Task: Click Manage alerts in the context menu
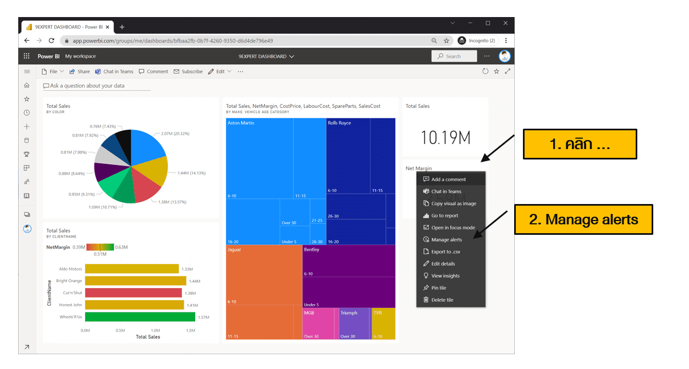coord(447,240)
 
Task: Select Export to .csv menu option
coord(445,252)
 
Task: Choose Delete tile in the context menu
coord(442,300)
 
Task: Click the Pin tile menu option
coord(438,288)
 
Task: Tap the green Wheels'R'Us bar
coord(140,317)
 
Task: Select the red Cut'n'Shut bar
coord(133,293)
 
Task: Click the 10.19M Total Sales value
coord(445,137)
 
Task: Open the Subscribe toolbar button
coord(188,71)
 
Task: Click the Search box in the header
coord(454,56)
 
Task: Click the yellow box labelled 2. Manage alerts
coord(583,220)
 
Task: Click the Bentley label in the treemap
coord(312,250)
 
